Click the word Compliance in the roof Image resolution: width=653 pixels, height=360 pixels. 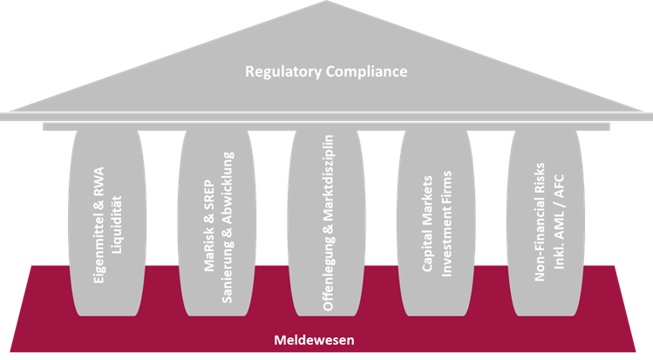click(x=365, y=71)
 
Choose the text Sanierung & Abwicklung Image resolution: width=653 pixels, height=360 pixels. click(x=228, y=227)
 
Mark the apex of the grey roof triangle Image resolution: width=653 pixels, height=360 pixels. click(x=326, y=3)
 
